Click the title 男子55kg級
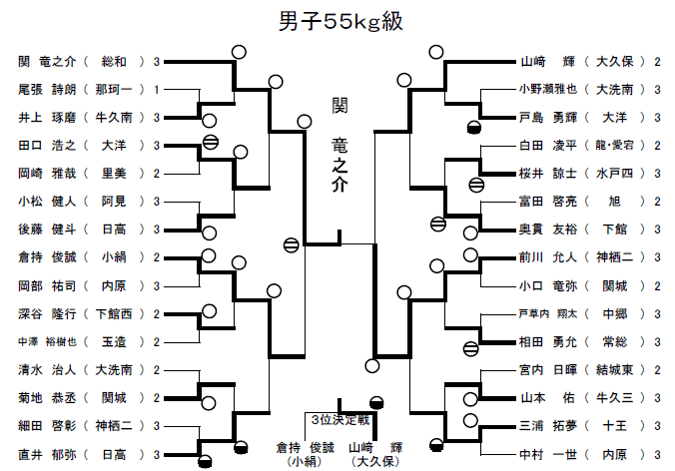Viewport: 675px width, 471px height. point(337,22)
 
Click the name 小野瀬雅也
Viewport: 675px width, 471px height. point(547,89)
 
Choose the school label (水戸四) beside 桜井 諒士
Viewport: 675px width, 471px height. point(620,173)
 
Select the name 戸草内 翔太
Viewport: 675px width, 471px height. point(546,313)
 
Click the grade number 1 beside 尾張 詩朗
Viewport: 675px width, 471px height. point(157,89)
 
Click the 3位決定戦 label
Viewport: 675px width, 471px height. point(337,419)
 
